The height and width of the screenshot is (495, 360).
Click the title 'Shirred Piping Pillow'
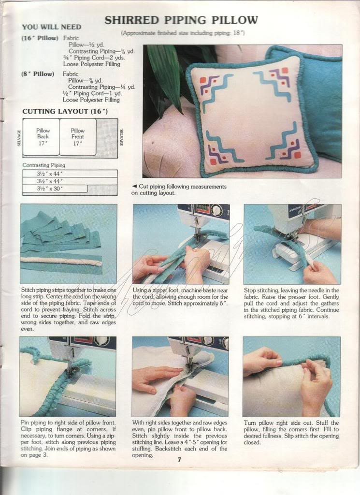pyautogui.click(x=181, y=20)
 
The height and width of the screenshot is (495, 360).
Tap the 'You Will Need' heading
pyautogui.click(x=52, y=27)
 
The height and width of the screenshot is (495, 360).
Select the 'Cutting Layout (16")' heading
pyautogui.click(x=65, y=112)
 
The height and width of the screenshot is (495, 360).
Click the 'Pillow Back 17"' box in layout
pyautogui.click(x=41, y=137)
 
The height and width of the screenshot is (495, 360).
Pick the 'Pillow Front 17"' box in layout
pyautogui.click(x=78, y=137)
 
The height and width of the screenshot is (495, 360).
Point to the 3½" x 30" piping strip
pyautogui.click(x=55, y=189)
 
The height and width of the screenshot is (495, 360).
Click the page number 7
pyautogui.click(x=179, y=460)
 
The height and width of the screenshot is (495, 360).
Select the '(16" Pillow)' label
pyautogui.click(x=40, y=38)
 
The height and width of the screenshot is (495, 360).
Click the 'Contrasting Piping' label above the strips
pyautogui.click(x=44, y=165)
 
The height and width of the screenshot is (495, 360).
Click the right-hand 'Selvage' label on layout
pyautogui.click(x=121, y=138)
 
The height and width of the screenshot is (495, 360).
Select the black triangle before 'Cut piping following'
pyautogui.click(x=134, y=187)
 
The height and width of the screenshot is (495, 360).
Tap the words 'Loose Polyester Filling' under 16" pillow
pyautogui.click(x=91, y=64)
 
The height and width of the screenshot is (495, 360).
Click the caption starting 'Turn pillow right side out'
pyautogui.click(x=291, y=433)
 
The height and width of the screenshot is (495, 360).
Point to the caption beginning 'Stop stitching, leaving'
pyautogui.click(x=291, y=303)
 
